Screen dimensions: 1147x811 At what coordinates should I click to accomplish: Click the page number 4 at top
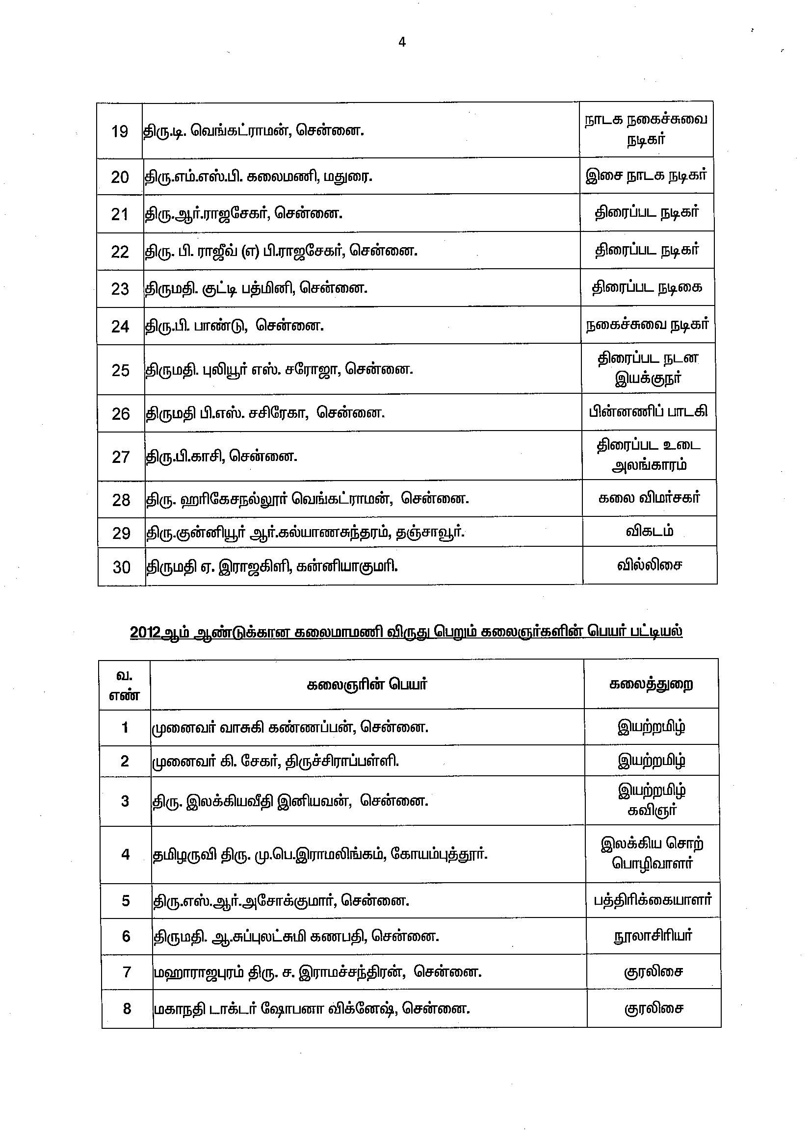pyautogui.click(x=402, y=43)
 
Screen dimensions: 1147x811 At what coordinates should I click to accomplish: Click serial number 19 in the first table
pyautogui.click(x=119, y=131)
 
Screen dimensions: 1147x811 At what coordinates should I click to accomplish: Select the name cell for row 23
pyautogui.click(x=256, y=288)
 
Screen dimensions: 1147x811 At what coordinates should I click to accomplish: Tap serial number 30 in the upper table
pyautogui.click(x=121, y=567)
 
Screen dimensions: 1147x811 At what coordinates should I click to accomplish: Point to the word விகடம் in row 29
pyautogui.click(x=649, y=531)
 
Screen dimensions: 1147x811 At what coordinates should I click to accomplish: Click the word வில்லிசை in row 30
pyautogui.click(x=649, y=565)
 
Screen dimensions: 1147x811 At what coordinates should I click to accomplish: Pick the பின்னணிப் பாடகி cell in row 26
pyautogui.click(x=648, y=411)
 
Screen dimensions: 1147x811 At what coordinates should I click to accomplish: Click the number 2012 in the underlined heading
pyautogui.click(x=145, y=632)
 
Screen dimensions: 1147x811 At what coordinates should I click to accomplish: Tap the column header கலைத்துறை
pyautogui.click(x=651, y=684)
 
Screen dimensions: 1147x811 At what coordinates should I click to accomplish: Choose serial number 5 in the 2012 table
pyautogui.click(x=126, y=901)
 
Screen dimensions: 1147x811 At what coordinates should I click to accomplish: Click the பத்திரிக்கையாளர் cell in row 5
pyautogui.click(x=652, y=900)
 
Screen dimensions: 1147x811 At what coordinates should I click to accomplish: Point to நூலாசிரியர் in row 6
pyautogui.click(x=653, y=936)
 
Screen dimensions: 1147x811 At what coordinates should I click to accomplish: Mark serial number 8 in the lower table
pyautogui.click(x=127, y=1009)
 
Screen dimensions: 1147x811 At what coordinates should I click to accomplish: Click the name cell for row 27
pyautogui.click(x=221, y=456)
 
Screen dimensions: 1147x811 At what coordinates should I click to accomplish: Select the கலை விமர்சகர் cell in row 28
pyautogui.click(x=649, y=498)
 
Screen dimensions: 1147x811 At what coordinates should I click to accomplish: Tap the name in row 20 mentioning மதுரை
pyautogui.click(x=259, y=177)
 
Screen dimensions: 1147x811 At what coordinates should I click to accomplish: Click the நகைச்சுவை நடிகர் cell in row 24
pyautogui.click(x=647, y=325)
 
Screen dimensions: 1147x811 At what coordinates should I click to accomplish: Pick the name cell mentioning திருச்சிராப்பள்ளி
pyautogui.click(x=275, y=761)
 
